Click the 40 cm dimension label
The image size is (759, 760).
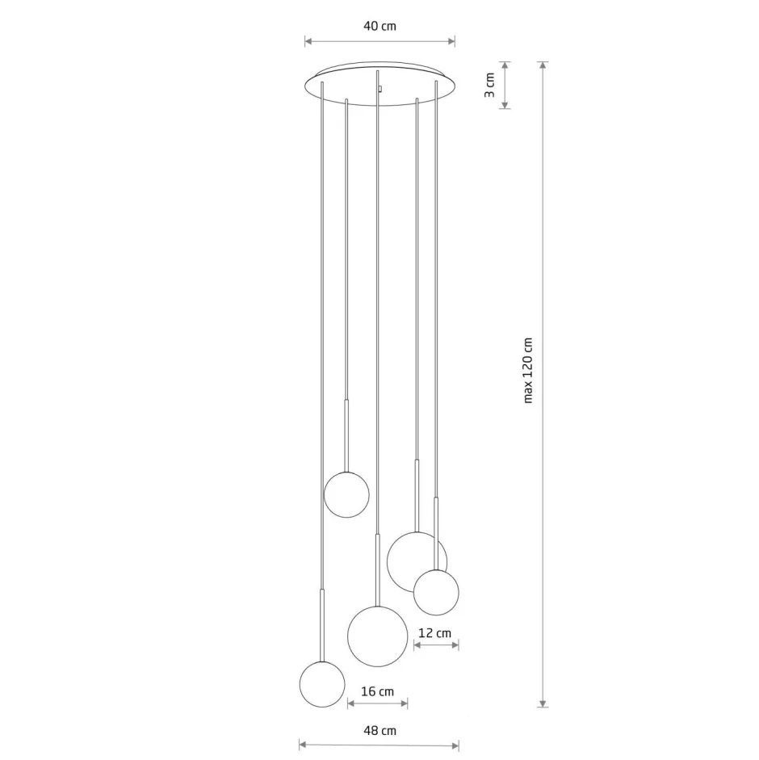(x=379, y=26)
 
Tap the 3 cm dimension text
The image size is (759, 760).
(x=489, y=85)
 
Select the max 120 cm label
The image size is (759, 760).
(x=528, y=370)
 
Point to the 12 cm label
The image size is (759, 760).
(x=434, y=632)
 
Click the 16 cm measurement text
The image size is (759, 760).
(x=378, y=691)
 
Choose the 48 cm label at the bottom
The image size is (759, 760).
(x=379, y=730)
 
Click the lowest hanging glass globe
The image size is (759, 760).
(x=322, y=684)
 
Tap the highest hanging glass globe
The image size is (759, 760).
(x=346, y=494)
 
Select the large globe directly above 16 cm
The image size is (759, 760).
(x=378, y=636)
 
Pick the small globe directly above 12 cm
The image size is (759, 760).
(x=436, y=592)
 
